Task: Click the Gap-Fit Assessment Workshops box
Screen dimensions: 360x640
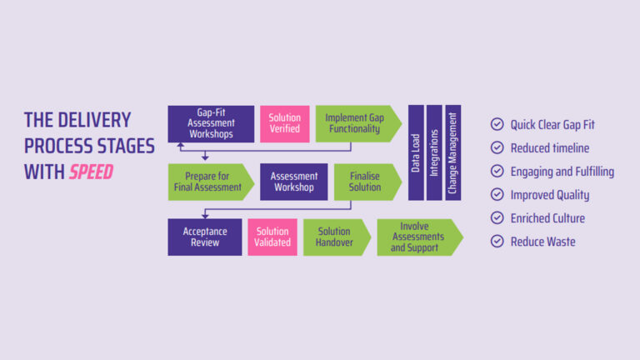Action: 211,123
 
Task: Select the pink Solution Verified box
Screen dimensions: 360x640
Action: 284,123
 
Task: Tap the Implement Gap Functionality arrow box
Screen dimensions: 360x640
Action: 353,123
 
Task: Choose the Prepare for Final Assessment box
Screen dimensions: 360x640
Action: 208,182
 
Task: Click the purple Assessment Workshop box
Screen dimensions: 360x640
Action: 294,182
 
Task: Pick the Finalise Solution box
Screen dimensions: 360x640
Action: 365,182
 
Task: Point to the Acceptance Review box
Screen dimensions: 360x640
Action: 204,237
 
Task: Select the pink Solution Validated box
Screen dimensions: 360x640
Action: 272,237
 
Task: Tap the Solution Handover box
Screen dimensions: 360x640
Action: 333,237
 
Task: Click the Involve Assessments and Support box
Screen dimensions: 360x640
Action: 417,237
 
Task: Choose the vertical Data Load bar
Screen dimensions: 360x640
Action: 415,152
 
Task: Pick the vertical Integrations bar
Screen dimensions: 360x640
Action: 434,152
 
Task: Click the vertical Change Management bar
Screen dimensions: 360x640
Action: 452,152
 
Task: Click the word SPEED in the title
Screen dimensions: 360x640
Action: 91,172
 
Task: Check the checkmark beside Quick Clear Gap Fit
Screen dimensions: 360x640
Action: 497,124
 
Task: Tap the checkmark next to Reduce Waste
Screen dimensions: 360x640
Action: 497,242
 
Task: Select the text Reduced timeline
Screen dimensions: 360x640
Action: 550,147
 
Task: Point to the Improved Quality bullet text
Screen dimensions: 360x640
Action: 550,195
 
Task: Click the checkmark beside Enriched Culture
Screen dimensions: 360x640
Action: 497,218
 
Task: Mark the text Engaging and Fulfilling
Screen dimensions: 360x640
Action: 562,172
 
